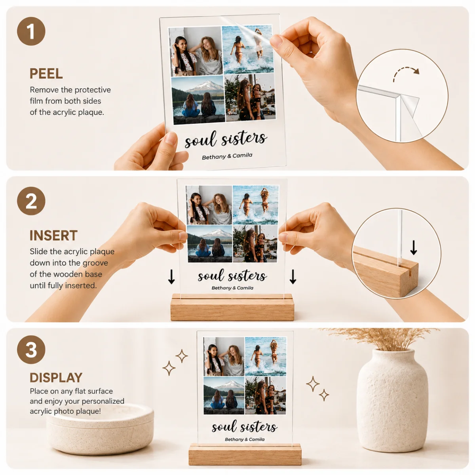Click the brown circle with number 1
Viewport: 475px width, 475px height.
pos(31,31)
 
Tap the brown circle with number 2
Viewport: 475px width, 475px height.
pos(31,201)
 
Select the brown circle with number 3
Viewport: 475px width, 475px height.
pos(31,349)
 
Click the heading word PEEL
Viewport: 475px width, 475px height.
pos(46,74)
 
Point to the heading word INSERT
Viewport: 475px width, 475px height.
pos(53,236)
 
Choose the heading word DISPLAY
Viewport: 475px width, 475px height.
pos(56,377)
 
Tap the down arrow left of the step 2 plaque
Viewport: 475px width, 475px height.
pos(171,277)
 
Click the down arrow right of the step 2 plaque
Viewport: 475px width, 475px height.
pos(293,277)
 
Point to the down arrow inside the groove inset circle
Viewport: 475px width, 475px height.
pos(414,248)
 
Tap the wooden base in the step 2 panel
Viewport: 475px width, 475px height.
pos(232,307)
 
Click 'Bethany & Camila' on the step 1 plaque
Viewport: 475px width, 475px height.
pos(227,156)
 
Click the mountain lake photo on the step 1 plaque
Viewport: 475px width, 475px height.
pos(198,100)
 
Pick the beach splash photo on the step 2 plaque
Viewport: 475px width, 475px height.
pos(255,205)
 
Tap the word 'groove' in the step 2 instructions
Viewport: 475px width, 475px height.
pos(95,263)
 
